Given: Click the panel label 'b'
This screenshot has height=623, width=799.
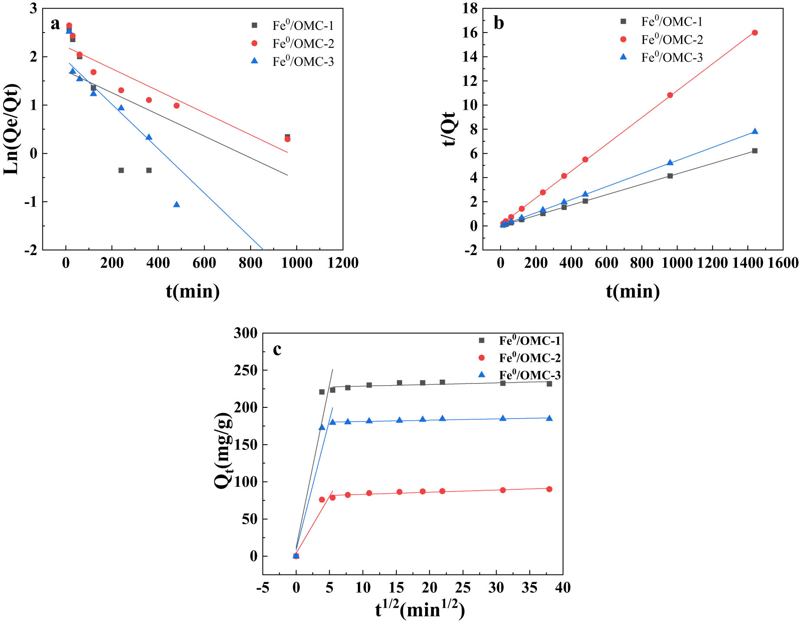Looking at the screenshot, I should coord(499,23).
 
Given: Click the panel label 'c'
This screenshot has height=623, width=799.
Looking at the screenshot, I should coord(277,349).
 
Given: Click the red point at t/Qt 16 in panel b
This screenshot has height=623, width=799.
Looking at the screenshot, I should coord(754,33).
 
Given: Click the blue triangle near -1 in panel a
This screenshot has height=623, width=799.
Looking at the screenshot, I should coord(177,204).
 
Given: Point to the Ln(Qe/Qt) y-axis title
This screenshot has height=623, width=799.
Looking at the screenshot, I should coord(11,129).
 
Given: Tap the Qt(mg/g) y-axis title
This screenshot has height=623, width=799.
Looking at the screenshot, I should coord(224,451).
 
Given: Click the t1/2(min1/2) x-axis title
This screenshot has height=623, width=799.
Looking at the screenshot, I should coord(420,610).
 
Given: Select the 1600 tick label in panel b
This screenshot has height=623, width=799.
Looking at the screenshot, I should coord(783,263).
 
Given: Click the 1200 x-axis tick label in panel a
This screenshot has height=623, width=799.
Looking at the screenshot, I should coord(343,263).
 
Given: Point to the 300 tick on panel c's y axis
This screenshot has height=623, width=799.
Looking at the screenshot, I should coord(246,333).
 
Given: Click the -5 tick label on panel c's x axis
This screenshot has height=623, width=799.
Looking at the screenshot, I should coord(262,588).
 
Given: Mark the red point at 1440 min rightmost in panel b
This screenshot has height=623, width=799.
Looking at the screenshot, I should coord(754,33).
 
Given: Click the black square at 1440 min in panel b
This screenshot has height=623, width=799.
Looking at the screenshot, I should coord(754,151).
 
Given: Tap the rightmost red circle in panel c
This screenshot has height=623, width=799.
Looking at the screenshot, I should coord(549,489).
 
